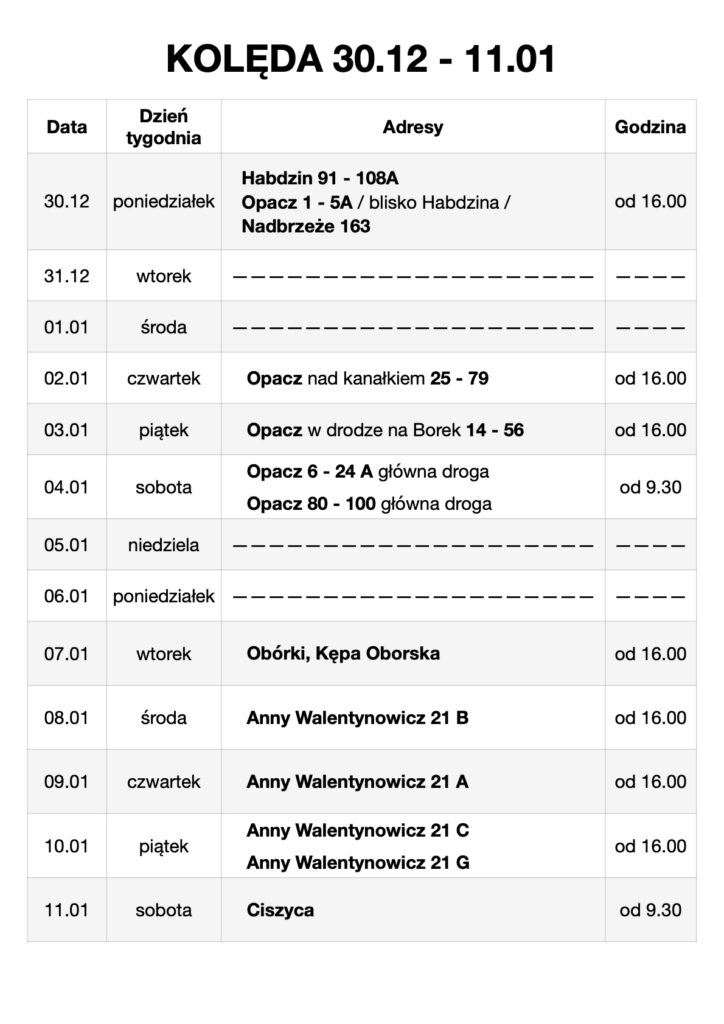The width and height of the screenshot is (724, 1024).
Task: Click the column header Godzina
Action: click(x=650, y=127)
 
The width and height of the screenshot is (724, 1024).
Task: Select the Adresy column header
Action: click(x=412, y=127)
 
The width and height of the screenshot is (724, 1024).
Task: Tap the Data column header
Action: click(x=67, y=127)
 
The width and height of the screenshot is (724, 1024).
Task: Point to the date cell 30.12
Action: click(x=67, y=201)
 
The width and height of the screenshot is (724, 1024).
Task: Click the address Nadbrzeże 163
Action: click(x=305, y=226)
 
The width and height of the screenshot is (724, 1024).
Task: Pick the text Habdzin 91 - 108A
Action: click(x=319, y=178)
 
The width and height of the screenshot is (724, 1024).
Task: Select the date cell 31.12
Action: click(x=67, y=275)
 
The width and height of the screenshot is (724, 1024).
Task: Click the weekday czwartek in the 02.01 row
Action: click(x=164, y=378)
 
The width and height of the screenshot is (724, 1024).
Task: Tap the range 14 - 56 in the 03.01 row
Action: click(x=495, y=430)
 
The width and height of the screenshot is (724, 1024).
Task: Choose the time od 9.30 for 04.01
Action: click(x=650, y=487)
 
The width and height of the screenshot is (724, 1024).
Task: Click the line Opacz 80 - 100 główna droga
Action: click(x=369, y=504)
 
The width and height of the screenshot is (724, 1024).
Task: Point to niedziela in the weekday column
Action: click(x=164, y=545)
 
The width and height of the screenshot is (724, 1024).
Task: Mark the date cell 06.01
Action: click(x=67, y=596)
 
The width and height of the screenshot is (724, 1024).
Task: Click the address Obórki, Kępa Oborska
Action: click(x=343, y=653)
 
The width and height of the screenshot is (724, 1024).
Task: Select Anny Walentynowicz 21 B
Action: click(x=357, y=718)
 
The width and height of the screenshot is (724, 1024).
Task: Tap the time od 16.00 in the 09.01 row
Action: click(x=650, y=782)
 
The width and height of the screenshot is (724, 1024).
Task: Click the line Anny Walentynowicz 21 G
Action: click(x=357, y=862)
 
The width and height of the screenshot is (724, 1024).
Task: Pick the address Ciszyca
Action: click(x=280, y=910)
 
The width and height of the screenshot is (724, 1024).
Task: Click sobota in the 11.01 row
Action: click(x=164, y=910)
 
